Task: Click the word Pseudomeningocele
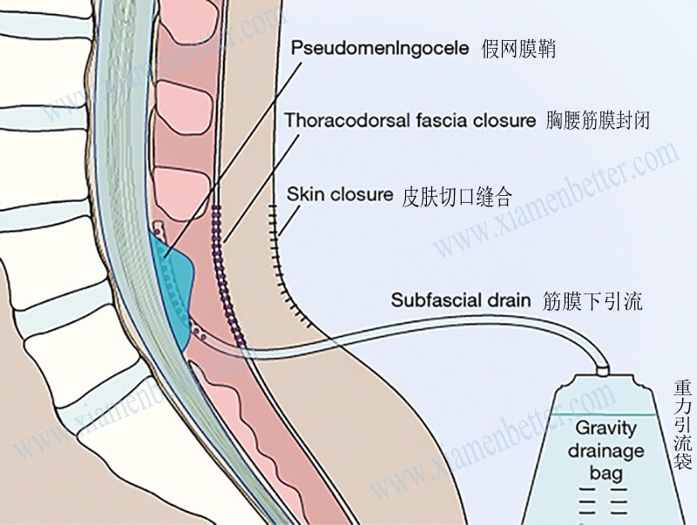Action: click(380, 49)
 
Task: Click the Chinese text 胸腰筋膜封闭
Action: click(597, 121)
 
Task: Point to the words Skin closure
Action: click(340, 194)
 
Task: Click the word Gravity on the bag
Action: click(606, 429)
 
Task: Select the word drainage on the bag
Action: click(606, 451)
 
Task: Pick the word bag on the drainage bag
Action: click(606, 473)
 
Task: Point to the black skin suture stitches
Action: click(281, 252)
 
